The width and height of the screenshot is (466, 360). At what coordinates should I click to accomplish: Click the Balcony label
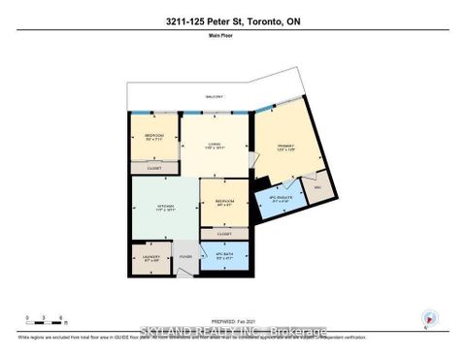214,97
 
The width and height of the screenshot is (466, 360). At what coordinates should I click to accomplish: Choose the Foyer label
185,257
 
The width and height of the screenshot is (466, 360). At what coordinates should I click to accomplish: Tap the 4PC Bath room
224,257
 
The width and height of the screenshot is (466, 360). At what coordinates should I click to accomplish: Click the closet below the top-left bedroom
153,167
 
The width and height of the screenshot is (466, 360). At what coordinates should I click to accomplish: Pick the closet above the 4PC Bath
224,234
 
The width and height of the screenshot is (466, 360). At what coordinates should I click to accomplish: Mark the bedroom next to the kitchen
223,203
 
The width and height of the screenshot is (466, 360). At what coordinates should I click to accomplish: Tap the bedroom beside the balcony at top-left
153,137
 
